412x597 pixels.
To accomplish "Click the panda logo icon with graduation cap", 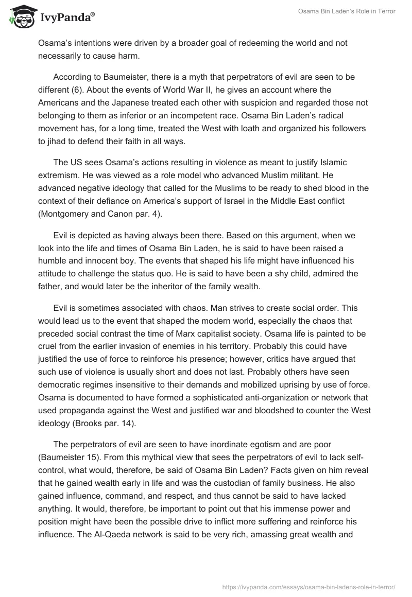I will click(x=20, y=16).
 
